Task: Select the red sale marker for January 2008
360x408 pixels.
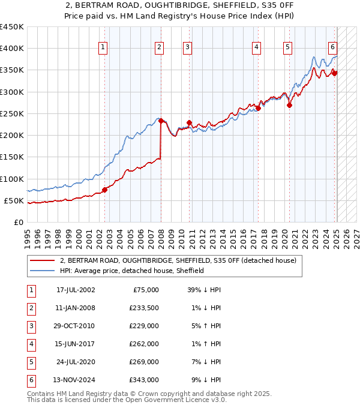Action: pyautogui.click(x=161, y=121)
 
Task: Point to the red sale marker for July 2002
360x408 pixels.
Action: pyautogui.click(x=104, y=190)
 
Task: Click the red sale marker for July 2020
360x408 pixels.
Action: pyautogui.click(x=289, y=105)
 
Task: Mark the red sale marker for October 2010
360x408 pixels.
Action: pyautogui.click(x=189, y=122)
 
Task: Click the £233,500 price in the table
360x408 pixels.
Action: pyautogui.click(x=144, y=308)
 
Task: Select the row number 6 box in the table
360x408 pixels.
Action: pyautogui.click(x=30, y=380)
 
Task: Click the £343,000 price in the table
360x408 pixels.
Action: pyautogui.click(x=144, y=380)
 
